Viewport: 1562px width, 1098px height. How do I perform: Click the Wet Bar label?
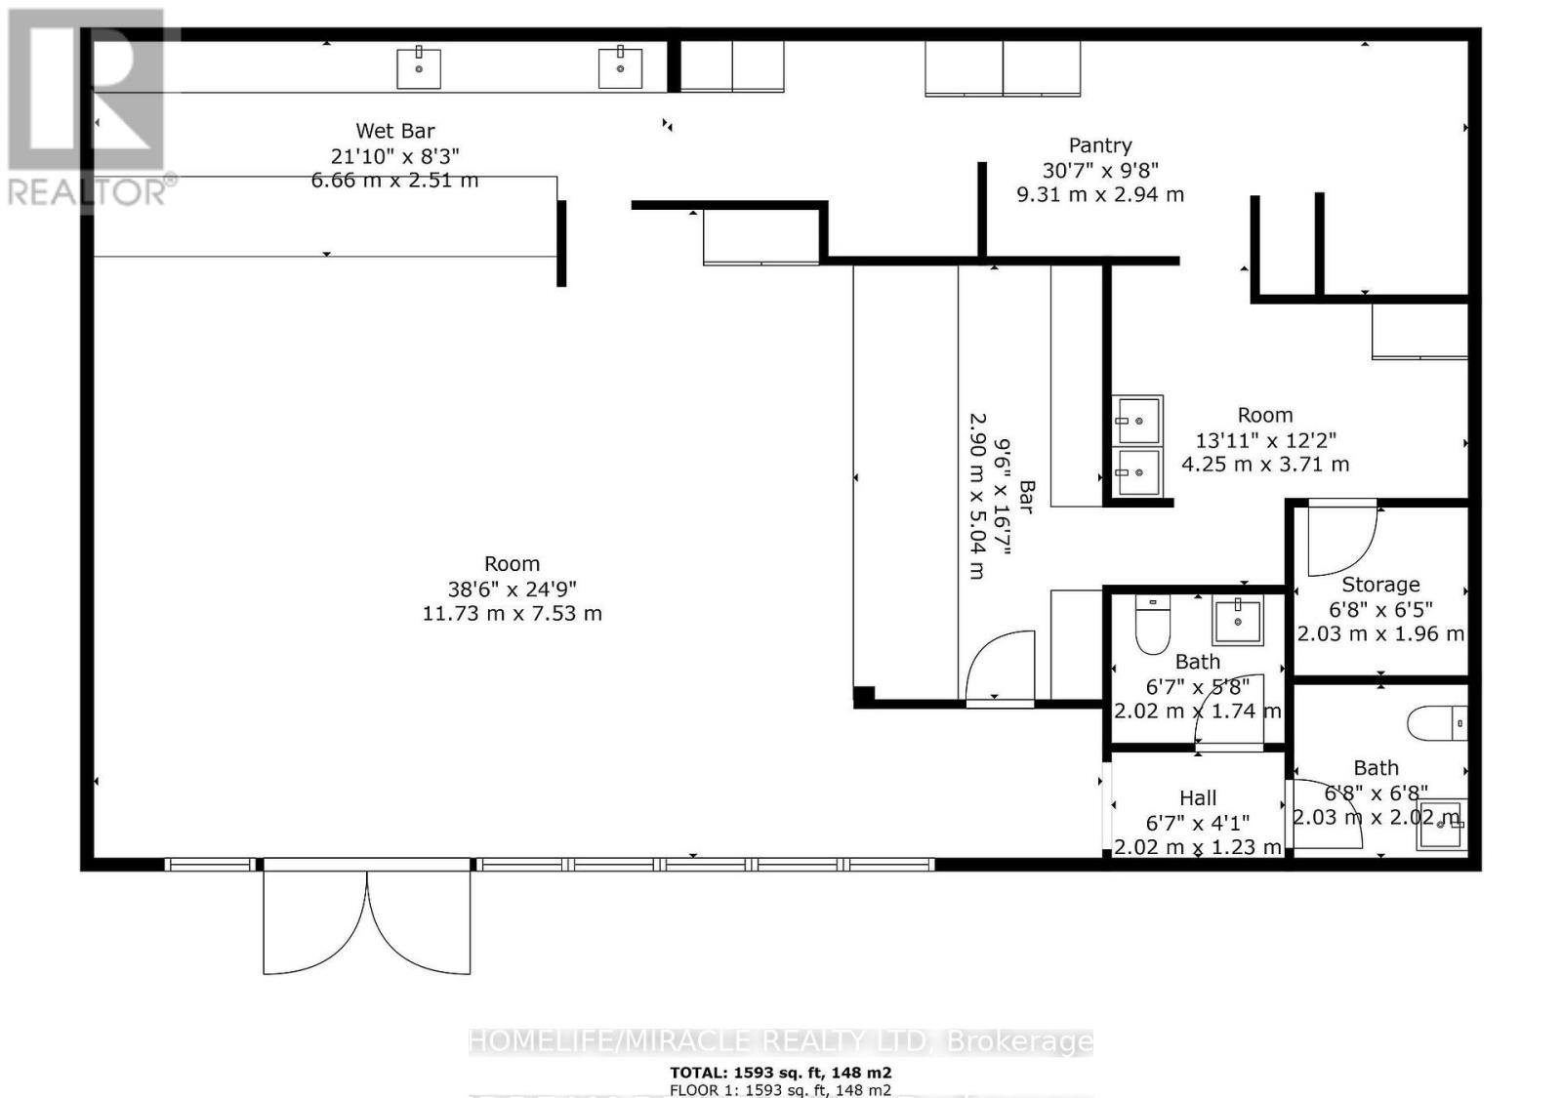(x=394, y=131)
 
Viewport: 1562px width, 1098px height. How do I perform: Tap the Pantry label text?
(x=1100, y=145)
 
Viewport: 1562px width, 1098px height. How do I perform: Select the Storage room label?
(x=1380, y=585)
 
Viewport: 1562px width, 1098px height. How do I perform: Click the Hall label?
(x=1198, y=798)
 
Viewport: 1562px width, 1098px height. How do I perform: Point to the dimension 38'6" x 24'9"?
(x=512, y=589)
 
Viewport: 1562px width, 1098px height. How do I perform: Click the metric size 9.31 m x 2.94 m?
(x=1100, y=194)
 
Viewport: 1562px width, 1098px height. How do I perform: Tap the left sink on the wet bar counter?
(x=419, y=67)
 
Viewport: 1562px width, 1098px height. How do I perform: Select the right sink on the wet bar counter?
(x=620, y=67)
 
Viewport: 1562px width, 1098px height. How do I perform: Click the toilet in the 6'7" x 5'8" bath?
(x=1153, y=625)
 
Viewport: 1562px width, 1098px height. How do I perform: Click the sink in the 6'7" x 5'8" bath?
(x=1238, y=621)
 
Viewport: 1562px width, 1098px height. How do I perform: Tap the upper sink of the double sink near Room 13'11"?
(x=1137, y=421)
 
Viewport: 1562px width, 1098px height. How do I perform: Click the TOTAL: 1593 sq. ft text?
(x=780, y=1073)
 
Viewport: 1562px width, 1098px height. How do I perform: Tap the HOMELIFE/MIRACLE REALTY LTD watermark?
(x=780, y=1041)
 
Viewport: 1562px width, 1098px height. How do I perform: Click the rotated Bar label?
(x=1026, y=496)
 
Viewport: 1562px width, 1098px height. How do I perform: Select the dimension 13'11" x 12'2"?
(x=1265, y=440)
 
